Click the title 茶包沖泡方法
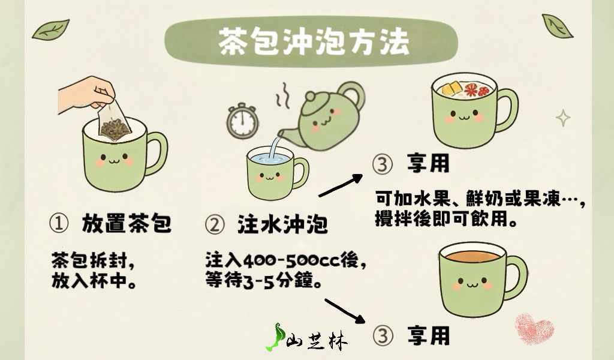click(314, 41)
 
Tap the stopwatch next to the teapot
click(242, 121)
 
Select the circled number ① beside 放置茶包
click(59, 223)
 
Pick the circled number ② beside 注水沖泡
click(215, 225)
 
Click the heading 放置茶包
click(127, 223)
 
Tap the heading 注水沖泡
click(282, 224)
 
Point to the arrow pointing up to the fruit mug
click(341, 185)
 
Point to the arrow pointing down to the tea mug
click(345, 311)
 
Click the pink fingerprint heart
click(534, 328)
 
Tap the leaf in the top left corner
click(51, 30)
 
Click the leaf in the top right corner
click(557, 26)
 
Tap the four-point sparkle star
click(563, 118)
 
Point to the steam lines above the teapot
click(283, 95)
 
